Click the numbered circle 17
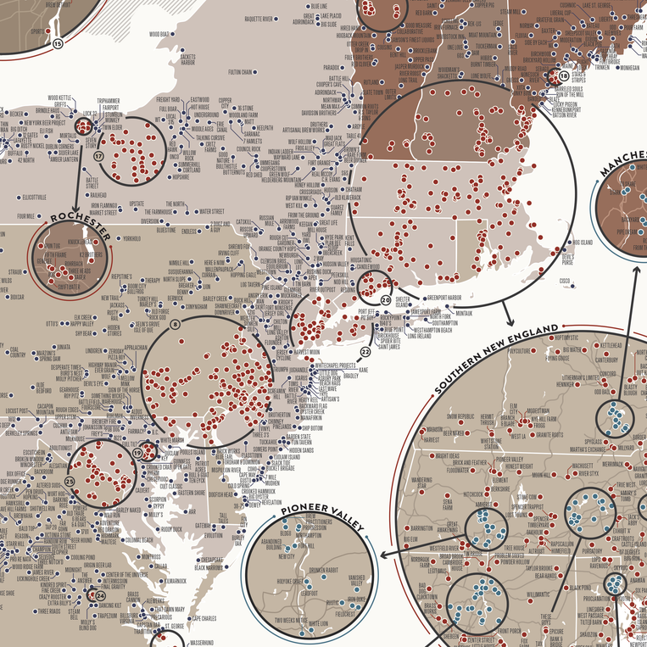pyautogui.click(x=99, y=157)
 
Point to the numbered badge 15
pyautogui.click(x=58, y=43)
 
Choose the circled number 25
pyautogui.click(x=70, y=482)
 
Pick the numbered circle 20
pyautogui.click(x=387, y=300)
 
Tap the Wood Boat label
pyautogui.click(x=159, y=35)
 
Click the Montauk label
pyautogui.click(x=465, y=313)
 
